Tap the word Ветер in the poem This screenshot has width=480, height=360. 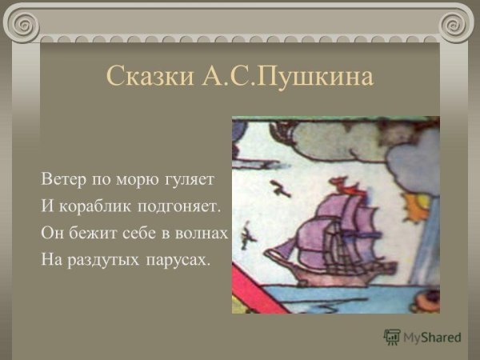point(62,177)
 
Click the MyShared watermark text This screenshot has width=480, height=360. point(431,338)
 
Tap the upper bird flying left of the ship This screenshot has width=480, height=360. point(281,189)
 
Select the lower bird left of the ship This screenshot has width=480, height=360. point(250,234)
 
